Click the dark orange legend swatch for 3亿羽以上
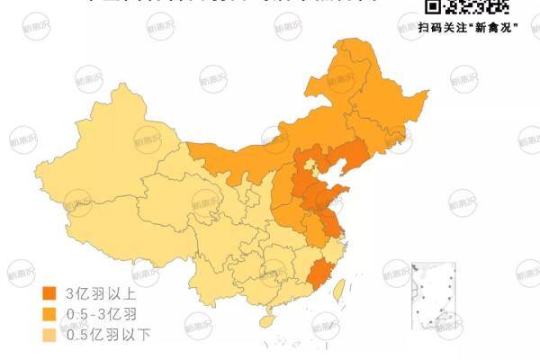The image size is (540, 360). tap(50, 294)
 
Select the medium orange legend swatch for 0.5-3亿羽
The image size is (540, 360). tap(50, 314)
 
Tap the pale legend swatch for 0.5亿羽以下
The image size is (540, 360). tap(50, 335)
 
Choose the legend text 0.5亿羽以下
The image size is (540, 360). tap(107, 335)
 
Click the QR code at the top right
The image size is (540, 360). tap(467, 7)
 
